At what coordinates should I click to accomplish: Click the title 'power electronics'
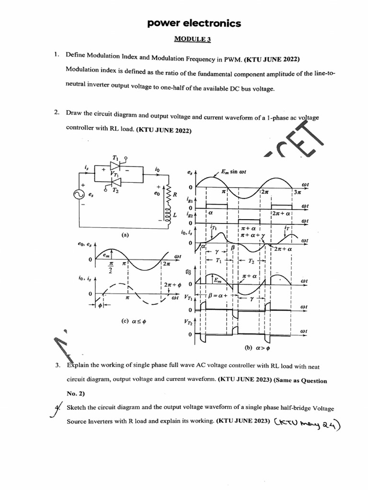tap(195, 23)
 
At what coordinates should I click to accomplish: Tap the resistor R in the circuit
tap(168, 195)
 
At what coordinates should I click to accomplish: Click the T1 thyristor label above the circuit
tap(115, 157)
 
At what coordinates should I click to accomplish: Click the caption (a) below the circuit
tap(125, 235)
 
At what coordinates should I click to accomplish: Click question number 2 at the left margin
tap(57, 112)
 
